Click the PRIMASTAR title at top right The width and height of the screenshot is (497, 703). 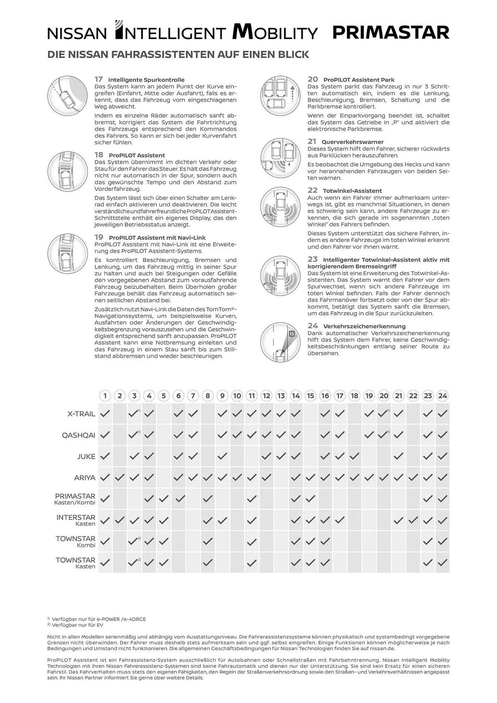(x=390, y=33)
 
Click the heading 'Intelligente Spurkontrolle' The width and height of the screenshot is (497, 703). (x=146, y=80)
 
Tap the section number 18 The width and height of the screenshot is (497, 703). (x=99, y=155)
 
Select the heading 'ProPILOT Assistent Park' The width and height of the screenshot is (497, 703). (x=359, y=80)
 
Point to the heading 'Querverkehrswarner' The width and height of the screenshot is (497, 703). (x=353, y=142)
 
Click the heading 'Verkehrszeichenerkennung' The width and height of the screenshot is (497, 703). (x=364, y=326)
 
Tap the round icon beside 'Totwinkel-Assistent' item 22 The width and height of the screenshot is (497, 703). (x=280, y=207)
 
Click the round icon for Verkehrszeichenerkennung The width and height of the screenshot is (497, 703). (x=280, y=342)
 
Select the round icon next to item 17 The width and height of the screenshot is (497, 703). (x=67, y=95)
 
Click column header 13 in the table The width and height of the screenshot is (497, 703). (x=281, y=396)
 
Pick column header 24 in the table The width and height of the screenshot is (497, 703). (x=443, y=396)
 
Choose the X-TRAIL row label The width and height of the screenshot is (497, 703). (x=81, y=414)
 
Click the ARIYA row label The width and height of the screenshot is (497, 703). (x=85, y=478)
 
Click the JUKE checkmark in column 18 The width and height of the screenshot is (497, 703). (x=354, y=456)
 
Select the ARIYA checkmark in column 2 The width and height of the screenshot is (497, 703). (x=120, y=477)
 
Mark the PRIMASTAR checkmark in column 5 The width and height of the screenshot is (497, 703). (x=164, y=498)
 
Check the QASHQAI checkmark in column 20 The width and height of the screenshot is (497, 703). (x=383, y=435)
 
